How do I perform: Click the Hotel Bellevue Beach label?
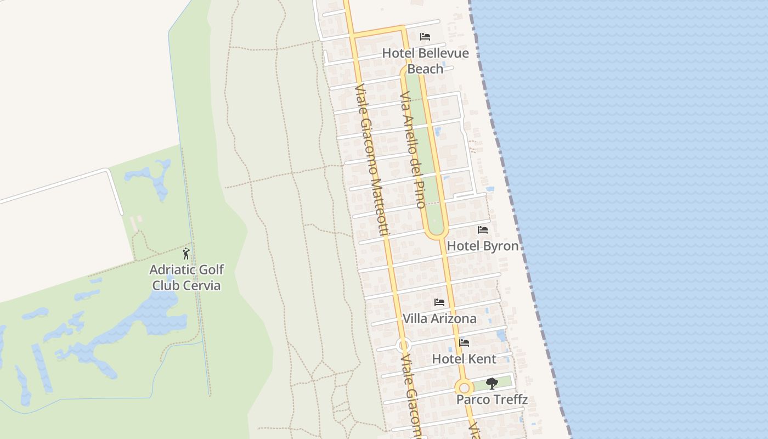(x=425, y=61)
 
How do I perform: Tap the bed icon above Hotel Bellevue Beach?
(x=425, y=37)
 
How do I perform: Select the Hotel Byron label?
(x=483, y=246)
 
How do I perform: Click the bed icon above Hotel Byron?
(x=483, y=229)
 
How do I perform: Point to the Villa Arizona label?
(x=439, y=319)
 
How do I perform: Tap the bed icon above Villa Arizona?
(x=439, y=302)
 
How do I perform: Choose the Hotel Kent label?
(x=464, y=359)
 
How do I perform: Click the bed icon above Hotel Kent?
(x=464, y=343)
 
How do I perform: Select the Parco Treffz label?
(x=492, y=399)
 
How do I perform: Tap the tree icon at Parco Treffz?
(x=492, y=383)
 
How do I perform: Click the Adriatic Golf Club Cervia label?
(x=187, y=278)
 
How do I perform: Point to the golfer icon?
(x=186, y=254)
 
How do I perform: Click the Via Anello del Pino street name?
(x=413, y=150)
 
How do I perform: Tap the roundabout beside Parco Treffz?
(x=464, y=388)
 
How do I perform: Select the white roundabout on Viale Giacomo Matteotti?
(x=403, y=346)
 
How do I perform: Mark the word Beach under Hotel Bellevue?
(x=425, y=69)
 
